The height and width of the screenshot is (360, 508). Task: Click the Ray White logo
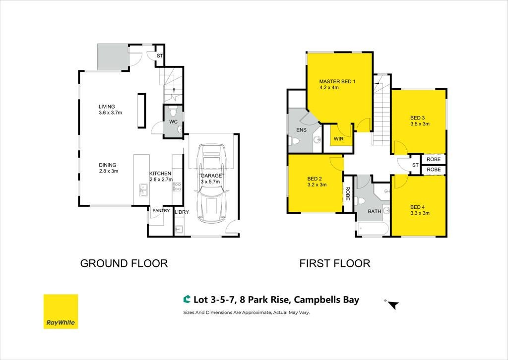tap(61, 311)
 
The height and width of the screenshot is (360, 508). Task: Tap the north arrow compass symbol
tap(393, 304)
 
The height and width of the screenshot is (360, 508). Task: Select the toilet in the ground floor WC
tap(173, 112)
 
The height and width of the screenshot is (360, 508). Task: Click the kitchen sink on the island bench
tap(142, 190)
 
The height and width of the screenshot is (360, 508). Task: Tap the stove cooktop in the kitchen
tap(177, 186)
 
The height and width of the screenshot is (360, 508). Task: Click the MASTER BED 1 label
tap(337, 82)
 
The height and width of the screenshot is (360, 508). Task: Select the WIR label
tap(338, 139)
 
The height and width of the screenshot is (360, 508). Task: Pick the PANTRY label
tap(161, 210)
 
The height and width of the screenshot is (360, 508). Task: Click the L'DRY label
tap(182, 212)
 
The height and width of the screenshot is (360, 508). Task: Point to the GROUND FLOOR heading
tap(124, 263)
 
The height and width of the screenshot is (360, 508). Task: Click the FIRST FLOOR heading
tap(335, 263)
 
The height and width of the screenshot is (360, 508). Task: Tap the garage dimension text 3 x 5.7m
tap(210, 181)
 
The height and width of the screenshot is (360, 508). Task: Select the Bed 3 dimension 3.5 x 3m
tap(420, 123)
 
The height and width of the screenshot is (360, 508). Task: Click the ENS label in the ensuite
tap(301, 130)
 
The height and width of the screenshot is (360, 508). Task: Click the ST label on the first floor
tap(415, 165)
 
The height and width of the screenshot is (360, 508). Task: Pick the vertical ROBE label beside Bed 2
tap(347, 193)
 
